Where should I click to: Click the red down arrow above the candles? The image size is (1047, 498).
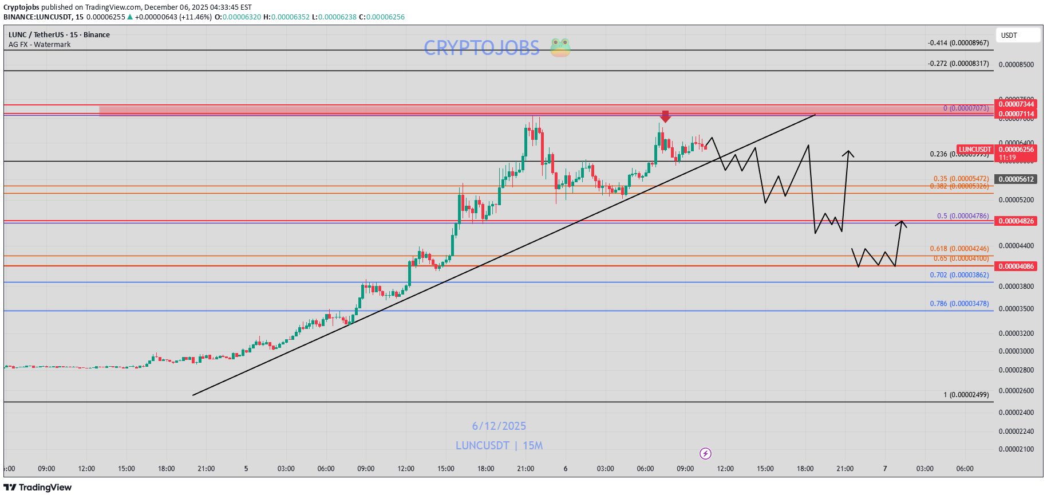tap(665, 116)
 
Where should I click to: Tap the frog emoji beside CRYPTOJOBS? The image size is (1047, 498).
tap(560, 48)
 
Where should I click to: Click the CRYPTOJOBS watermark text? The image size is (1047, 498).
tap(481, 48)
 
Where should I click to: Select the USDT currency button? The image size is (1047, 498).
tap(1017, 36)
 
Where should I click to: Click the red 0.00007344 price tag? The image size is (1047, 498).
tap(1016, 104)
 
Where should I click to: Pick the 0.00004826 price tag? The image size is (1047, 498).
tap(1016, 221)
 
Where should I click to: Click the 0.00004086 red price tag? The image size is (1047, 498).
tap(1016, 266)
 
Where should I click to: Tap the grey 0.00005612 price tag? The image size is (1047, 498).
tap(1016, 179)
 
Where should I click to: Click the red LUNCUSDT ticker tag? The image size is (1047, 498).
tap(975, 150)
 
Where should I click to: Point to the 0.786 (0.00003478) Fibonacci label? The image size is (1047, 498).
tap(959, 304)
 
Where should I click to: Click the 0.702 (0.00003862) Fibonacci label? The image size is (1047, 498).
tap(959, 275)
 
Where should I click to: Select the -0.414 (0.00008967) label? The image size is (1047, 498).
tap(958, 43)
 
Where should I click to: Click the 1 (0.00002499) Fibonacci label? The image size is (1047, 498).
tap(966, 395)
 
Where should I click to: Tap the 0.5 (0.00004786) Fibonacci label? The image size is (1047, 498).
tap(962, 216)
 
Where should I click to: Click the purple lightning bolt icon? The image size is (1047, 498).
tap(705, 454)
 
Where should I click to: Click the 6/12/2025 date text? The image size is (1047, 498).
tap(499, 426)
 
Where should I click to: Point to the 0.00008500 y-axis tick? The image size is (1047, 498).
tap(1016, 65)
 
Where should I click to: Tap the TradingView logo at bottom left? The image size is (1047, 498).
tap(38, 488)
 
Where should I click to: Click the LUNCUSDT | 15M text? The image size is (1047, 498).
tap(499, 446)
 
